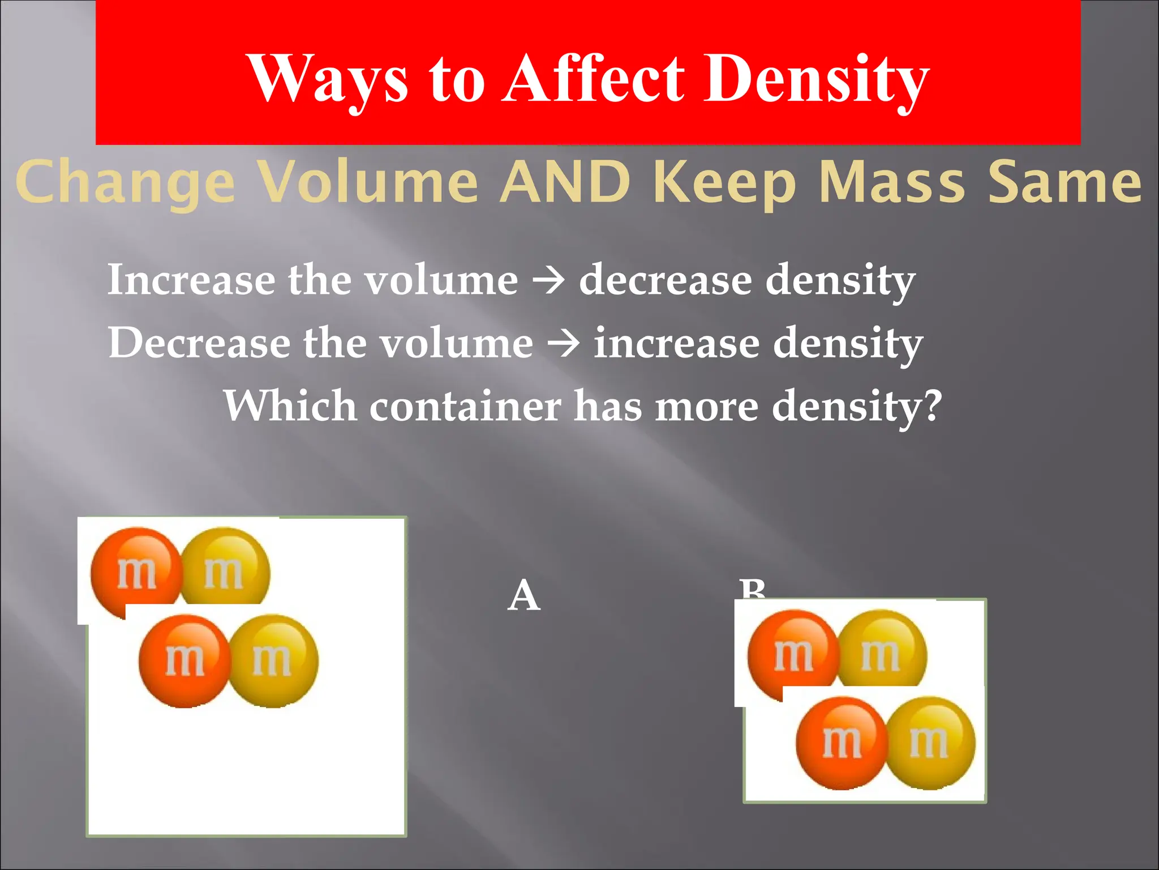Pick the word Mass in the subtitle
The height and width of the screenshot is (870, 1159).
(892, 181)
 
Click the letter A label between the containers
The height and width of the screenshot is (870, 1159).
(524, 596)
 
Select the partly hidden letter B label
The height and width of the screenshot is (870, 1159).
(753, 589)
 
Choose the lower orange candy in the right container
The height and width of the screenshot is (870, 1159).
(841, 743)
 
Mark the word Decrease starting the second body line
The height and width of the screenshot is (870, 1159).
(199, 343)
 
